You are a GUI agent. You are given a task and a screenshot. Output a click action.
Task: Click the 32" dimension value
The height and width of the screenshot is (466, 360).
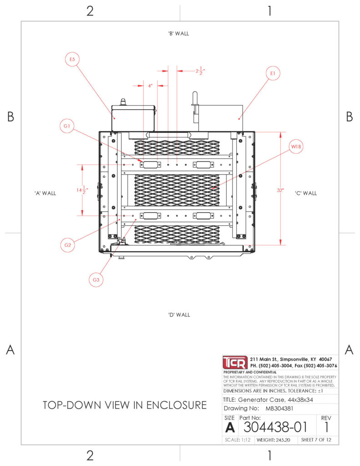tap(280, 190)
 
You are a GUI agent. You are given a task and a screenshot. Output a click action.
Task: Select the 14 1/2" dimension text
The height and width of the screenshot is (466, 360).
tap(82, 190)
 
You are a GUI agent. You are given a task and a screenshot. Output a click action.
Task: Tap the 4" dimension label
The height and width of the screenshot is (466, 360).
tap(151, 86)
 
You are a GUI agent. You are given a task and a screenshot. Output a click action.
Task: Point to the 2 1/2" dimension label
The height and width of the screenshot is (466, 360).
tap(200, 71)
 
